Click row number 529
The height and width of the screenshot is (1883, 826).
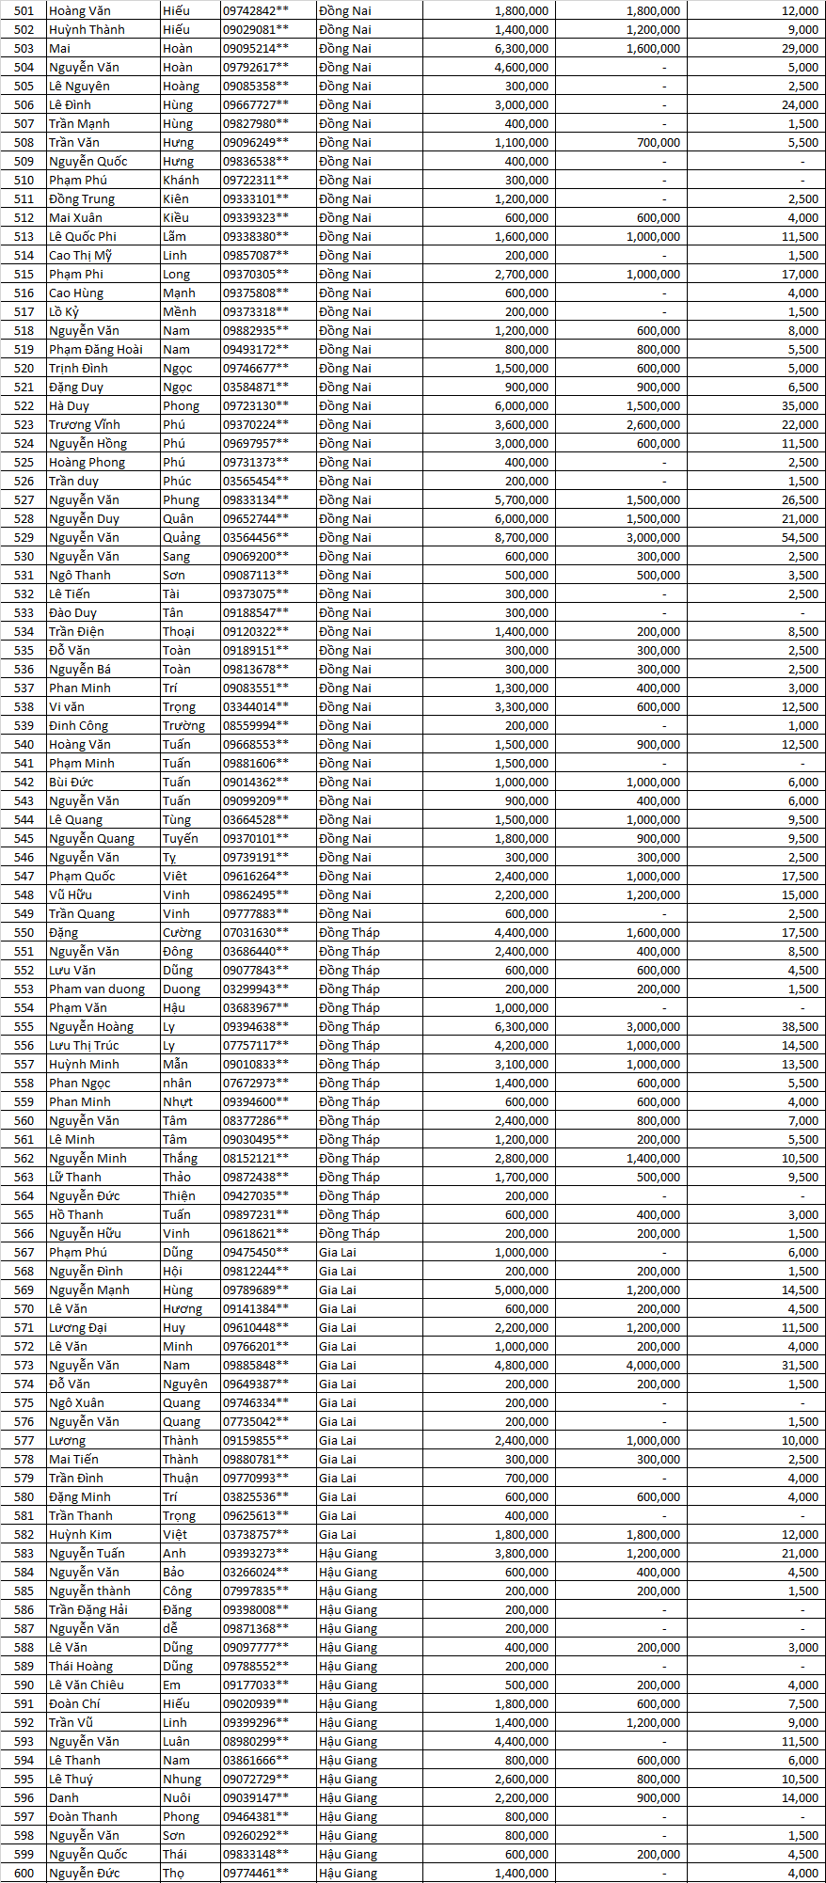point(24,537)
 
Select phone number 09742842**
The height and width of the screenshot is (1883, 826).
point(255,10)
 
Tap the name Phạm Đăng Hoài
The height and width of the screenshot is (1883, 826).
point(96,349)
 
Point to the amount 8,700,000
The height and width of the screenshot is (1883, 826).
point(521,537)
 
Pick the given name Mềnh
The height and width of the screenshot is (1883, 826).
point(179,311)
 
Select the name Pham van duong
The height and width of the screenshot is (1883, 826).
point(97,989)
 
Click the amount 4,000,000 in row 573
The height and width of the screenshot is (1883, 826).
point(653,1365)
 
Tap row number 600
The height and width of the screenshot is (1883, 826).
point(24,1873)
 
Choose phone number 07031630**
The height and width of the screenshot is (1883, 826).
point(255,932)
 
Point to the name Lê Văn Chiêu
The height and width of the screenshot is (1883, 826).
point(87,1685)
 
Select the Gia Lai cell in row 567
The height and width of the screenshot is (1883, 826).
point(338,1252)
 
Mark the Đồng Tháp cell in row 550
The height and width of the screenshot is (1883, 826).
point(349,932)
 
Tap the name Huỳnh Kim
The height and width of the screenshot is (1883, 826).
point(80,1534)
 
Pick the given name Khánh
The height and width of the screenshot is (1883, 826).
point(181,180)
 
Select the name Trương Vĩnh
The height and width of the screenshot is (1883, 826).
point(85,424)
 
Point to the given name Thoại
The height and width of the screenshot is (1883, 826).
point(178,631)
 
